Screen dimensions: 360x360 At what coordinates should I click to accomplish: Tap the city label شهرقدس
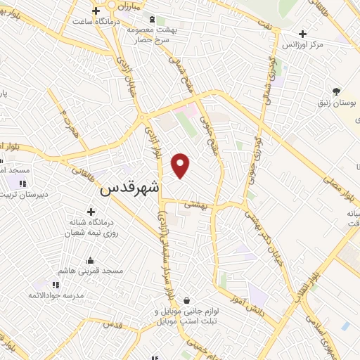pyautogui.click(x=131, y=189)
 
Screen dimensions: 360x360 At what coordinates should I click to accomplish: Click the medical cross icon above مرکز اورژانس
pyautogui.click(x=302, y=33)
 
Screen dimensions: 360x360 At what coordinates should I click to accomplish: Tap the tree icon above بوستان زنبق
pyautogui.click(x=337, y=91)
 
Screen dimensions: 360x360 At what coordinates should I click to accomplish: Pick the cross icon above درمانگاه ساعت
pyautogui.click(x=96, y=10)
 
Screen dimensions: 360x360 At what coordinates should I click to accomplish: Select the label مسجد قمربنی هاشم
pyautogui.click(x=91, y=270)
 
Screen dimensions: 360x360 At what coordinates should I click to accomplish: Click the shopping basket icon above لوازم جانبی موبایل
pyautogui.click(x=186, y=300)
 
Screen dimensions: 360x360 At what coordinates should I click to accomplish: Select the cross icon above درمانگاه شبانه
pyautogui.click(x=90, y=211)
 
